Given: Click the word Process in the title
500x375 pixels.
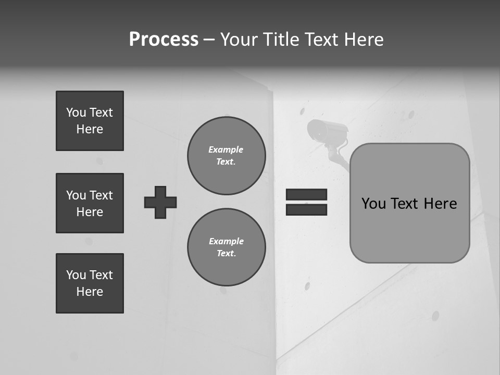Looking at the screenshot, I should click(x=164, y=40).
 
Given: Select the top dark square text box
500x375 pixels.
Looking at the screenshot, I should click(x=90, y=121).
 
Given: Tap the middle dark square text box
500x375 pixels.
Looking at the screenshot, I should click(x=90, y=203).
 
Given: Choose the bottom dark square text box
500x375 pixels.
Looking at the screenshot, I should click(x=90, y=283).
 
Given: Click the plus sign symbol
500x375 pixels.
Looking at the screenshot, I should click(x=160, y=202).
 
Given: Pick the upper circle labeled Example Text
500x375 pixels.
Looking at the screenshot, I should click(x=226, y=156).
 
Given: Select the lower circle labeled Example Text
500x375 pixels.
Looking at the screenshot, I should click(x=226, y=247).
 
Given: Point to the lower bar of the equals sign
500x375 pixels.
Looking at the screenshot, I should click(x=306, y=210).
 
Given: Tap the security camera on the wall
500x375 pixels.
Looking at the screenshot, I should click(x=326, y=131).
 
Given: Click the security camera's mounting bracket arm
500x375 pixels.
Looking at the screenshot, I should click(x=336, y=156).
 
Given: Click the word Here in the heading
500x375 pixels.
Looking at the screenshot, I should click(x=364, y=40).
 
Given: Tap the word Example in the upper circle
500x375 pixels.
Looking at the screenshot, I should click(x=226, y=149).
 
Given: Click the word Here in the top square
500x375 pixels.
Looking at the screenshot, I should click(x=90, y=129).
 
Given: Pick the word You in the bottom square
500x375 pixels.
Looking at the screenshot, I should click(x=76, y=275).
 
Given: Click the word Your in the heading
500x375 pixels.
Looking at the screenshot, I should click(x=239, y=40).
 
